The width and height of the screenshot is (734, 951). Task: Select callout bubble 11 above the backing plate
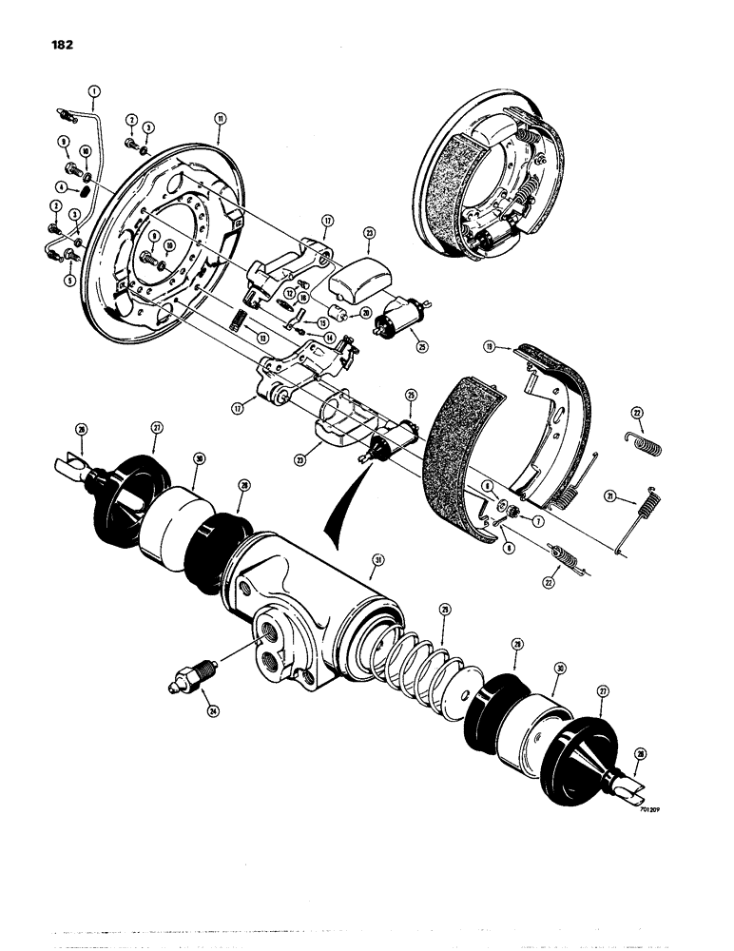[x=220, y=119]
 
